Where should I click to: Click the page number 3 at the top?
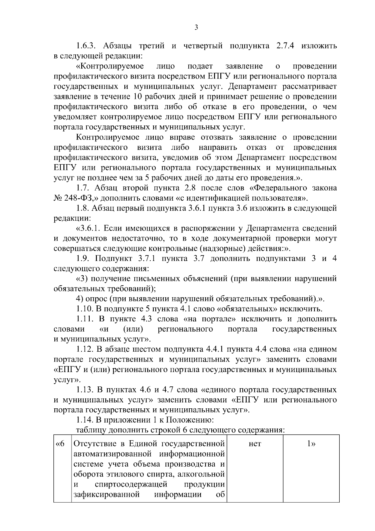[196, 28]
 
